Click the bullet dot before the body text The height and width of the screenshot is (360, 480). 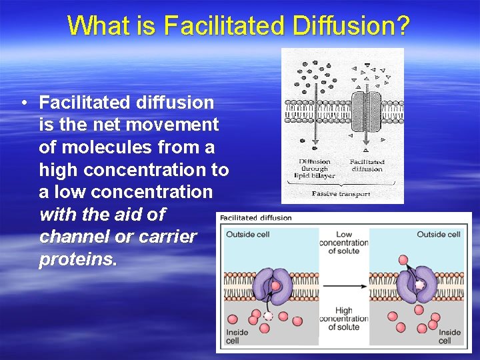point(23,103)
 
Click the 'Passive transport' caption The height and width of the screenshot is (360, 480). point(342,193)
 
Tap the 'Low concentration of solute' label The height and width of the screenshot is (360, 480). point(344,243)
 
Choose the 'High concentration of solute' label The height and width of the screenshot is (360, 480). point(344,319)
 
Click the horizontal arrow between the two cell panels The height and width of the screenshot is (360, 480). point(345,286)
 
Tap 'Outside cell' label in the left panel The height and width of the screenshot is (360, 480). point(248,235)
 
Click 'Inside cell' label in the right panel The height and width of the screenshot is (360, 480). point(449,336)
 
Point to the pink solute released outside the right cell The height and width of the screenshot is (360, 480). point(403,259)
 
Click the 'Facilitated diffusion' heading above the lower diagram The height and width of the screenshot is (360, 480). point(255,217)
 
